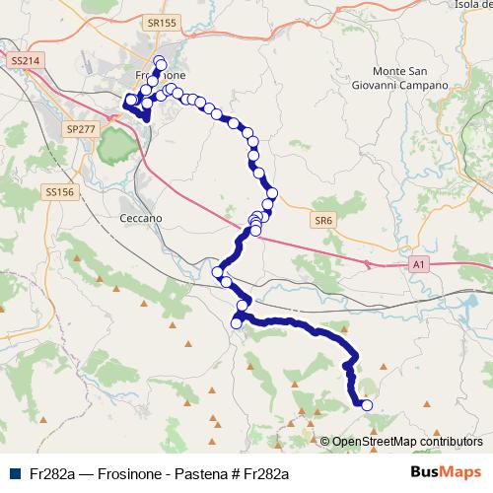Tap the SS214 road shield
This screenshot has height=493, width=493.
26,61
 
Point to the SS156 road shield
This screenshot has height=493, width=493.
59,192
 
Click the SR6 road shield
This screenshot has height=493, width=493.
322,220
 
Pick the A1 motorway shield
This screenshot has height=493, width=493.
420,264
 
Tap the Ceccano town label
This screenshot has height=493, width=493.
139,218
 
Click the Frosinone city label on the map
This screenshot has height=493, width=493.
159,76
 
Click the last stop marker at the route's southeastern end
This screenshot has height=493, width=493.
368,404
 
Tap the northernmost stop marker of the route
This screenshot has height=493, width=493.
159,61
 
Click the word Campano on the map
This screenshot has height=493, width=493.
424,86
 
